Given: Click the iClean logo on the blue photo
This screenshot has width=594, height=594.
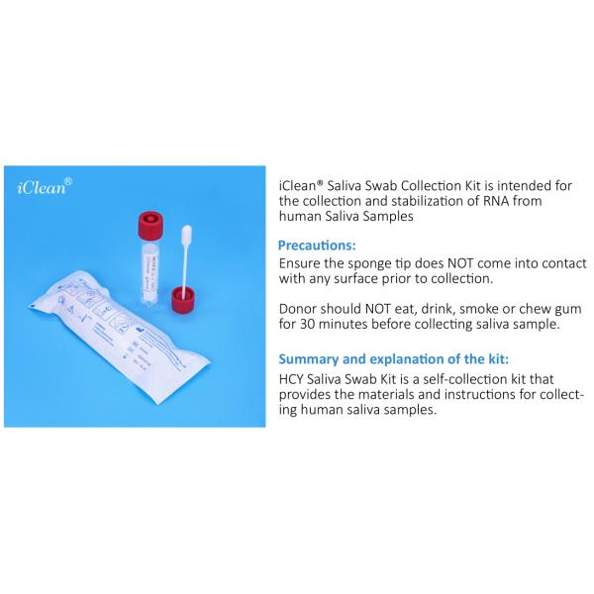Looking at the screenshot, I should click(43, 188).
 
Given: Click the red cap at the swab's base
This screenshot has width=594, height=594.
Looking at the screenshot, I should click(183, 299).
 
